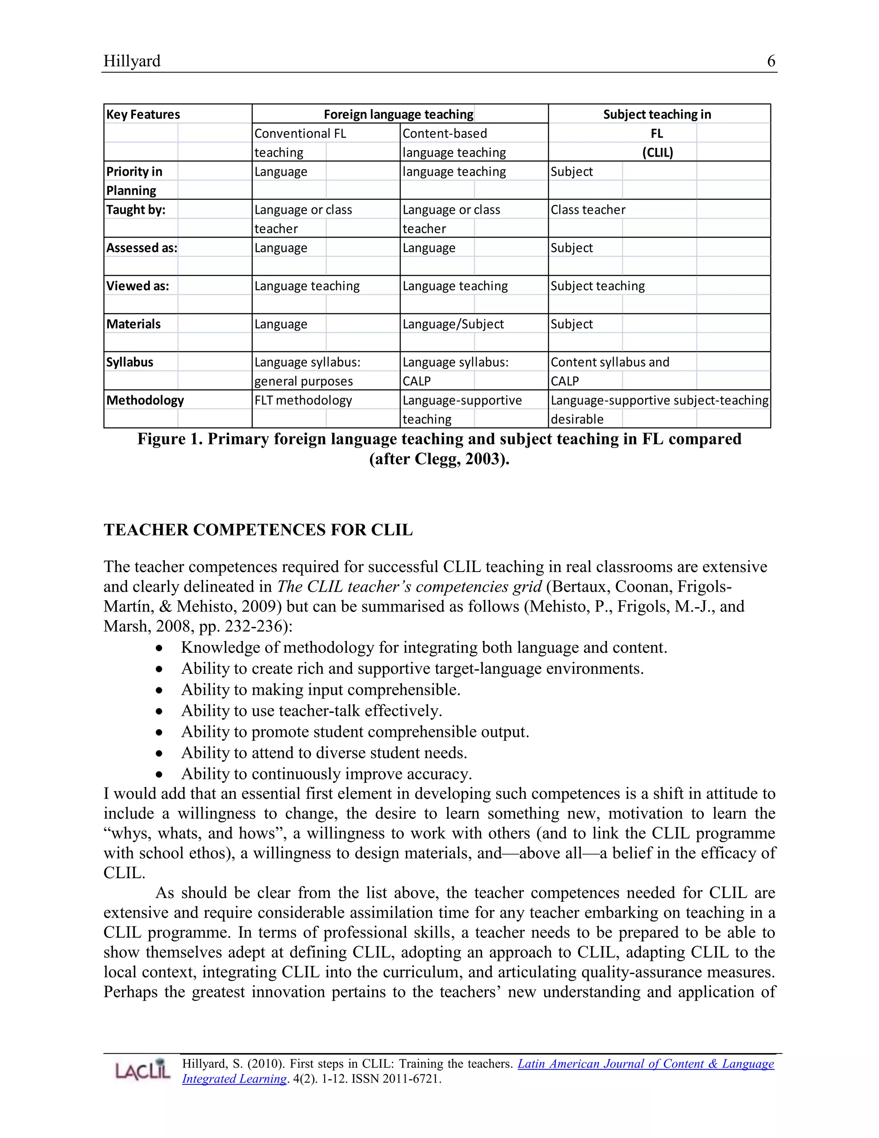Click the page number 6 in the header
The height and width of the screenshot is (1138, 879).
pos(771,61)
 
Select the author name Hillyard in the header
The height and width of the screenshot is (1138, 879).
pos(132,61)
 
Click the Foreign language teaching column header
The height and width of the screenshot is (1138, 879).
pos(398,114)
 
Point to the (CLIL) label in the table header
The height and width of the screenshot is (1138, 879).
pos(657,153)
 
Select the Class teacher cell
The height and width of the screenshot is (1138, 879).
pos(588,210)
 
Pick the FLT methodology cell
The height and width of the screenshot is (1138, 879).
pos(303,400)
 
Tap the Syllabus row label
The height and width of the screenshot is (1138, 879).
pos(130,362)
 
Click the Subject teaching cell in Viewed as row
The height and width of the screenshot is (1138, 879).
pos(597,286)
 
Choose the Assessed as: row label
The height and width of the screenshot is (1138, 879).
pos(142,248)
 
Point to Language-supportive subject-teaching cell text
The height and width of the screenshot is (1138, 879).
pos(659,400)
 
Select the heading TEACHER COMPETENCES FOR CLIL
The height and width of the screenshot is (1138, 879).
pos(258,529)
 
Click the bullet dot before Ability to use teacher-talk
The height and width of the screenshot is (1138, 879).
pos(159,711)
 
